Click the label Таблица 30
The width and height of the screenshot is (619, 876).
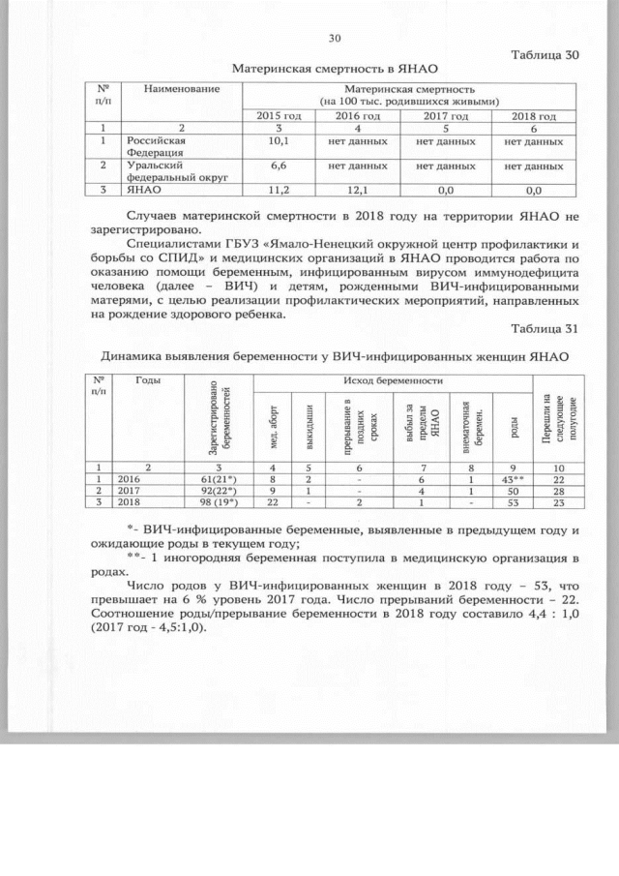pyautogui.click(x=545, y=54)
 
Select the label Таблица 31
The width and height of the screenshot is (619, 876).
pyautogui.click(x=545, y=328)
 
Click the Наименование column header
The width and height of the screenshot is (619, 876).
pyautogui.click(x=181, y=89)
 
